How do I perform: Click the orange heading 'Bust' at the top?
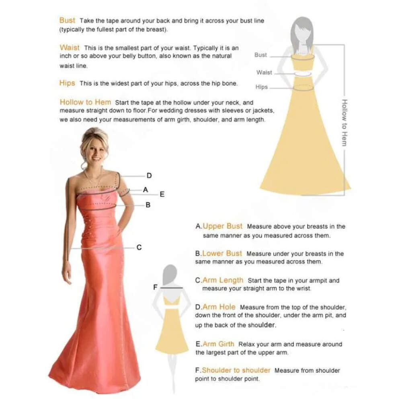point(67,20)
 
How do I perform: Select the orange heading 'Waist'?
point(70,48)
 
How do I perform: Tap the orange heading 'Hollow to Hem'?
point(85,102)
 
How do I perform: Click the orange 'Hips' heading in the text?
point(67,83)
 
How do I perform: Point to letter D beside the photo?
point(149,176)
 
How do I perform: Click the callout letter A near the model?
point(146,190)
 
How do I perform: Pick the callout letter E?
point(162,194)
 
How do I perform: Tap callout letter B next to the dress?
point(148,205)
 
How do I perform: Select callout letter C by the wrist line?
point(139,247)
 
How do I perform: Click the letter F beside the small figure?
point(155,287)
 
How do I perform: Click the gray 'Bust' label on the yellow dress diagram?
point(260,55)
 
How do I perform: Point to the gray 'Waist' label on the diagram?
point(264,72)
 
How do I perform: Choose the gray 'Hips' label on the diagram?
point(262,87)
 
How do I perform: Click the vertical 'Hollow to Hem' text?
point(345,123)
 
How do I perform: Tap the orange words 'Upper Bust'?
point(222,226)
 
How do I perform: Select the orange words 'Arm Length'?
point(223,280)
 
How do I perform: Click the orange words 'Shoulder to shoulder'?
point(236,370)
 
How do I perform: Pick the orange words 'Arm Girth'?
point(218,344)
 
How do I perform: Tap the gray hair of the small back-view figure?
point(170,274)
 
